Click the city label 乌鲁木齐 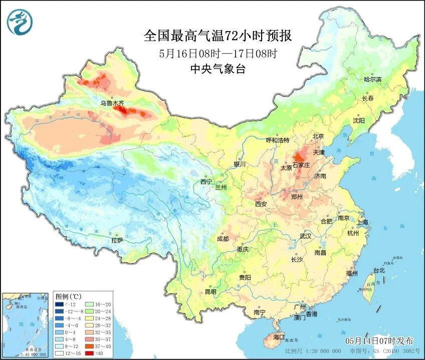111,103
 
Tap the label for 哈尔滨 372,79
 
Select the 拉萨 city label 117,240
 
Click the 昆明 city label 210,292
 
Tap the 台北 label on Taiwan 379,270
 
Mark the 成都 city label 223,239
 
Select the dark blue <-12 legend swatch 59,304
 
